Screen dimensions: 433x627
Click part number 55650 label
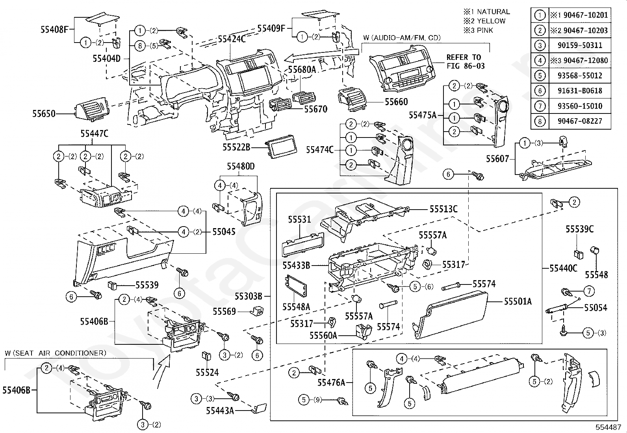44,114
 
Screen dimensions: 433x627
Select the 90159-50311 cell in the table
580,45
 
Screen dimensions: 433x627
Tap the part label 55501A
518,302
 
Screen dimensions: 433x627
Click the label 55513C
443,209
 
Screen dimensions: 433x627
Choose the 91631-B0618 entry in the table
580,91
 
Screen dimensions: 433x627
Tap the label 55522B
237,147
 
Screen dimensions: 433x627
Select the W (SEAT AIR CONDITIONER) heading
56,353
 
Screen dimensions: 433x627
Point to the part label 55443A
220,411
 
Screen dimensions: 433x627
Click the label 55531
300,219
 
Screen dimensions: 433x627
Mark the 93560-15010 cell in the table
580,106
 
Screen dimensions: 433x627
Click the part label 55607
497,159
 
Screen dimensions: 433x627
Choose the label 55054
595,308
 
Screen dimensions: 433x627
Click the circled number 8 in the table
540,121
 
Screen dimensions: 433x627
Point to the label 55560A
323,335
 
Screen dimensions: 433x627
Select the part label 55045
224,232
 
